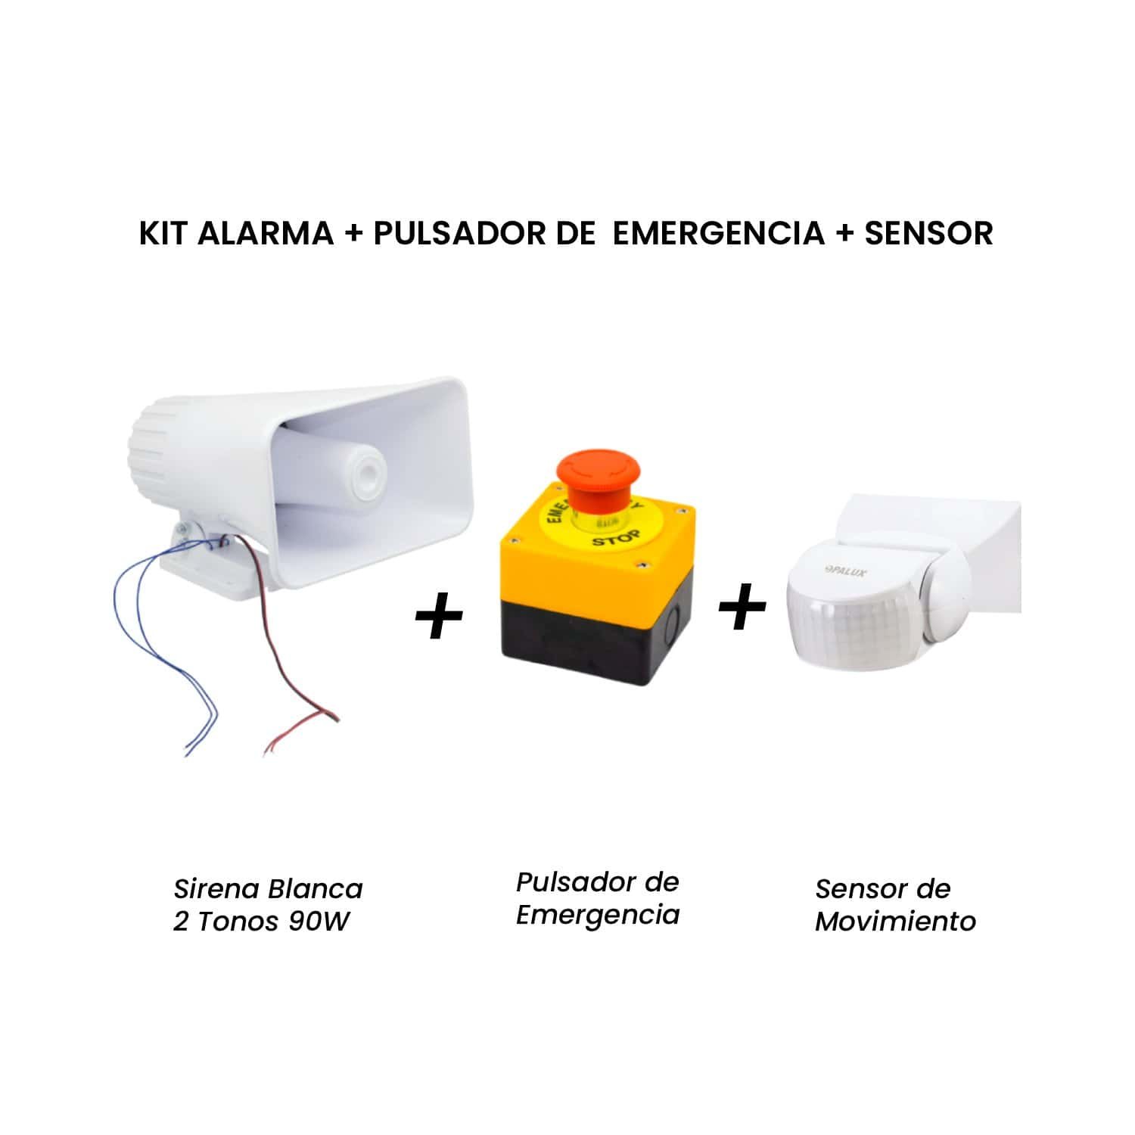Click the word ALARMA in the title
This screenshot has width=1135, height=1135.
pyautogui.click(x=265, y=233)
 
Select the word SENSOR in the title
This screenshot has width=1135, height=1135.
pyautogui.click(x=928, y=233)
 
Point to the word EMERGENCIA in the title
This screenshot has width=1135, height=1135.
pyautogui.click(x=718, y=233)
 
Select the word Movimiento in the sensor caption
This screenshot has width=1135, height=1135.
pyautogui.click(x=896, y=922)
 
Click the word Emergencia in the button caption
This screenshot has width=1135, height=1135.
pyautogui.click(x=598, y=916)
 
